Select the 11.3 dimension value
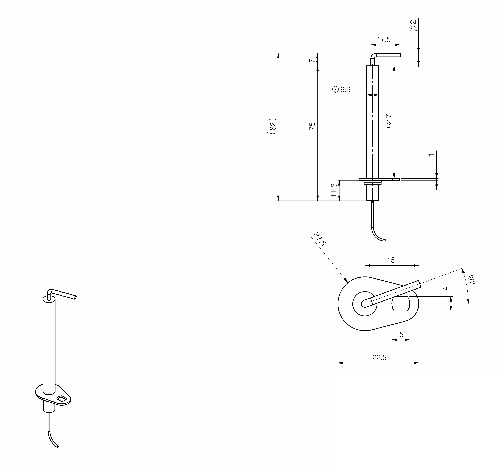[x=334, y=190]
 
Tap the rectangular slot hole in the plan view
[x=401, y=304]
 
